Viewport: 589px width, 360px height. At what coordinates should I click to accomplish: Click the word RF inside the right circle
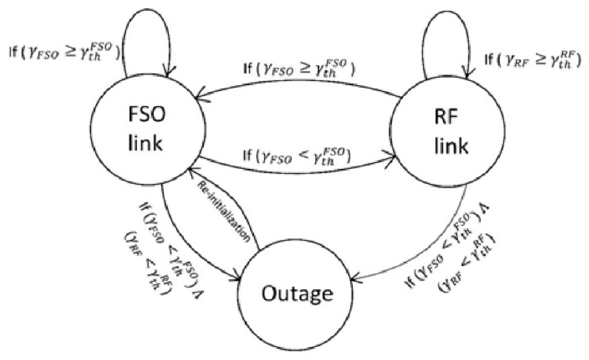point(446,117)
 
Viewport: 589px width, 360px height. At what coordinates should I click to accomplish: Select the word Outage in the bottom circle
point(297,294)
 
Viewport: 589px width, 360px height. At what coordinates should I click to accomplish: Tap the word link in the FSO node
point(145,143)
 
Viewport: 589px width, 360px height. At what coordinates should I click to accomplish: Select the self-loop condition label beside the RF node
point(532,59)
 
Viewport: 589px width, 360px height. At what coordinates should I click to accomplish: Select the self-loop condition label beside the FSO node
point(64,53)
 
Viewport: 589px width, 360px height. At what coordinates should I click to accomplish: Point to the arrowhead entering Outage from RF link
point(355,279)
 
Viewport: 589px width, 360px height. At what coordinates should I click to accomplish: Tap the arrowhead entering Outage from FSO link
point(238,278)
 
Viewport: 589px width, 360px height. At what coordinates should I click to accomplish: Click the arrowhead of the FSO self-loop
point(168,73)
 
